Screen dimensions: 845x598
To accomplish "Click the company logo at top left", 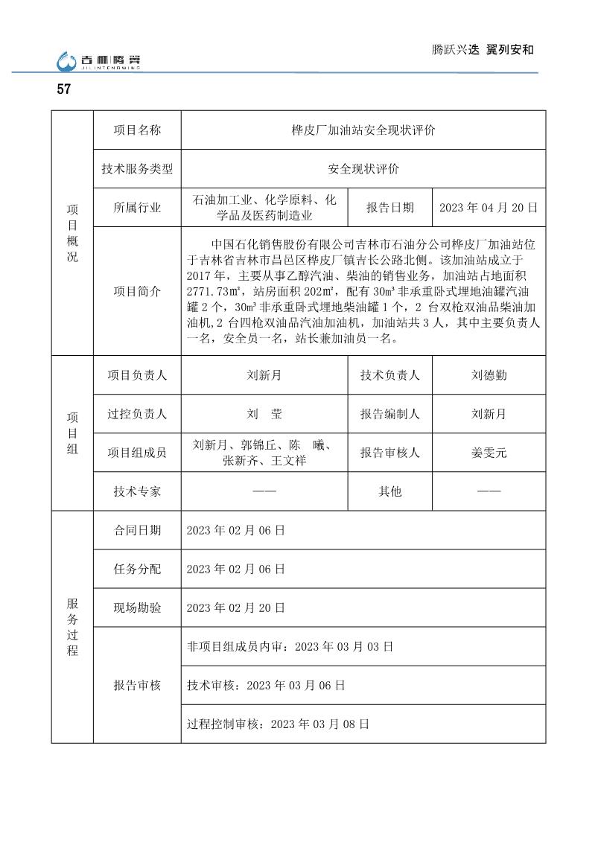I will coord(98,61).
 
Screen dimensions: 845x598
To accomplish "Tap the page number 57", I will coord(64,89).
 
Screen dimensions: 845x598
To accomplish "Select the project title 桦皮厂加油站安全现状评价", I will coord(363,130).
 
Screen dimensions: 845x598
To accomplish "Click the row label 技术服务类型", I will coord(137,169).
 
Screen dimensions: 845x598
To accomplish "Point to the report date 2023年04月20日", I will coord(489,208).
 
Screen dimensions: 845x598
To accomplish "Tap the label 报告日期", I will coord(389,208).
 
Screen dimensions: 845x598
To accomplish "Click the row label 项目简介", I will coord(137,292).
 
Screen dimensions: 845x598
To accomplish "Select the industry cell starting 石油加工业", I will coord(264,208).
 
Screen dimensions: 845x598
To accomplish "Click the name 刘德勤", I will coord(489,375).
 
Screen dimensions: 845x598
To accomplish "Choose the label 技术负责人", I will coord(389,375).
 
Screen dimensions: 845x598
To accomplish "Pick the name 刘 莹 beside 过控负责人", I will coord(264,414).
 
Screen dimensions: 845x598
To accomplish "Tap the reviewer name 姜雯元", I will coord(489,453).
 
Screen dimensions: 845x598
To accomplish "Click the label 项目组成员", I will coord(137,453).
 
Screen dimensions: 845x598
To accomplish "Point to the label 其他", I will coord(389,491).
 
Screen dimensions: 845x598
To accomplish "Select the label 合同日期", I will coord(137,530).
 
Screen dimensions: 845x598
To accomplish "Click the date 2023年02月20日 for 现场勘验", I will coord(235,608).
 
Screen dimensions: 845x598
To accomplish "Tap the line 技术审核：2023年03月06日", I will coord(265,685).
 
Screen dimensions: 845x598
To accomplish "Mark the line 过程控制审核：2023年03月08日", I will coord(278,724).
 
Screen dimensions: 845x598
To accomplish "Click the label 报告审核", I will coord(137,685).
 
